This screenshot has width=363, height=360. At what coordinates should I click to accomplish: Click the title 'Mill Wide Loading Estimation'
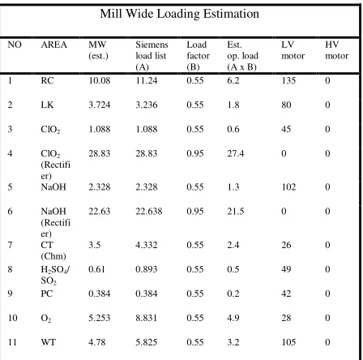click(179, 14)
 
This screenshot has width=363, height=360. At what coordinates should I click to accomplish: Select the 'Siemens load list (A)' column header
click(152, 56)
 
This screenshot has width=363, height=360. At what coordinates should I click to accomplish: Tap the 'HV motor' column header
click(336, 50)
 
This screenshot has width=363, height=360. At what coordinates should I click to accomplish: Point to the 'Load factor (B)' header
click(198, 56)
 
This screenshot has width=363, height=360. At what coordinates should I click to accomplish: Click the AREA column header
click(53, 45)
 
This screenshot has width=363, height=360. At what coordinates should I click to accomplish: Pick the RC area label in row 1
click(47, 80)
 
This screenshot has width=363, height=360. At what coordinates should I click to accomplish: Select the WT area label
click(48, 342)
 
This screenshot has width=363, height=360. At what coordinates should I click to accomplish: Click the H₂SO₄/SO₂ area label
click(56, 275)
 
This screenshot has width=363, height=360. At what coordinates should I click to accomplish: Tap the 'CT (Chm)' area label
click(53, 251)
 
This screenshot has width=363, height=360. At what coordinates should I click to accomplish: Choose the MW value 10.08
click(100, 80)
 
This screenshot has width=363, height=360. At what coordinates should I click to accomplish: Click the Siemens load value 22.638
click(149, 211)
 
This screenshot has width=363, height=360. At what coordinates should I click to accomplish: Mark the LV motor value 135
click(288, 80)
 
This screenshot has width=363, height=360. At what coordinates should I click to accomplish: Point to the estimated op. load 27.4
click(236, 153)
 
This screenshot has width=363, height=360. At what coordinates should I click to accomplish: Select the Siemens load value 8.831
click(146, 318)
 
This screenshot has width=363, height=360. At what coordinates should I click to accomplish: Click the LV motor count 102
click(288, 187)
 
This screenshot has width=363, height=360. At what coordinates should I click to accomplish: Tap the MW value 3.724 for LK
click(100, 105)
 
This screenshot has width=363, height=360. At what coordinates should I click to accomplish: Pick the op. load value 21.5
click(236, 211)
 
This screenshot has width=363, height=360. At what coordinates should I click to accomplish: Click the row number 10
click(12, 318)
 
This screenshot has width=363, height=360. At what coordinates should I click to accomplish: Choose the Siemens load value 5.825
click(146, 342)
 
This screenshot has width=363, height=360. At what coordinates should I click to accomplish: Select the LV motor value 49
click(286, 269)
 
